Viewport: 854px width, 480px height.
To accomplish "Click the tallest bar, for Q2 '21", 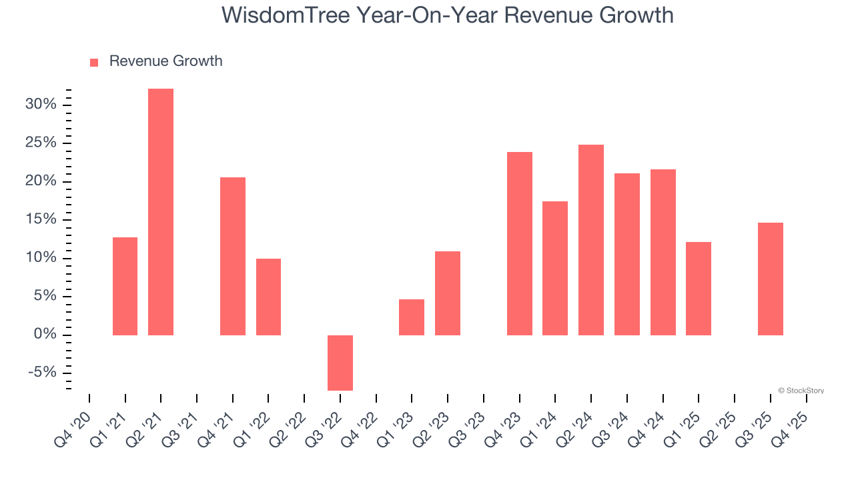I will (161, 212).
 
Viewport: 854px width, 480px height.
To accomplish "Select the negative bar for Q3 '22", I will (340, 363).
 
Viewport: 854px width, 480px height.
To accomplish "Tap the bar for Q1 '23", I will (412, 317).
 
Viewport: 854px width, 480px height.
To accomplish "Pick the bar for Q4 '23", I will (520, 243).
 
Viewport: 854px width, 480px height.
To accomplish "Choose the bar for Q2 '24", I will (591, 240).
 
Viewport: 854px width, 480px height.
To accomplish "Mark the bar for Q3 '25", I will (771, 279).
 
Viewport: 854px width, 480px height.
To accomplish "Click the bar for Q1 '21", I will (125, 286).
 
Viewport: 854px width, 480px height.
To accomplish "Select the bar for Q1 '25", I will (699, 289).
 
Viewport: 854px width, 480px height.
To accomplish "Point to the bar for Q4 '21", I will (233, 256).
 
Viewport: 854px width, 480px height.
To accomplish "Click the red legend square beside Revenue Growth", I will (94, 62).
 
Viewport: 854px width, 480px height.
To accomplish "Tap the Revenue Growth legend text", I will (165, 61).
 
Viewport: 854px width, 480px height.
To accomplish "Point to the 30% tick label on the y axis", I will (40, 105).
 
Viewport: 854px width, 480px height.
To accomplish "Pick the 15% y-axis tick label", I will (40, 219).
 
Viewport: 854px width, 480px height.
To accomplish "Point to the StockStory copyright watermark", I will (801, 391).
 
